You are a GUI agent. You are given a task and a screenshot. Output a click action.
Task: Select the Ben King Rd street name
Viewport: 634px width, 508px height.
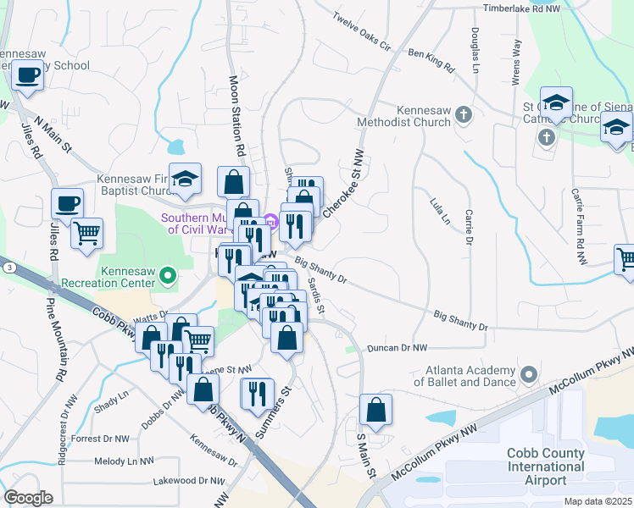coord(431,59)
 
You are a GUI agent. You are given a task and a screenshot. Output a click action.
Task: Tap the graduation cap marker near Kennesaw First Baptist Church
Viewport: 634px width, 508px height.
coord(185,177)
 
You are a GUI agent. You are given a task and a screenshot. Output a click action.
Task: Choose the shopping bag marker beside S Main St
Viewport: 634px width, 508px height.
coord(375,409)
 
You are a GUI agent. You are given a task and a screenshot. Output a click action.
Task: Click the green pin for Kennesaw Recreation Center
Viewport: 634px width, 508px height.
coord(168,274)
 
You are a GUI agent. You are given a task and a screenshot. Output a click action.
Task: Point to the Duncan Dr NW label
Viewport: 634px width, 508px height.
coord(396,348)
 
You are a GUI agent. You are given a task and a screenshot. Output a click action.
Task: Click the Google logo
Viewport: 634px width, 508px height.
coord(29,497)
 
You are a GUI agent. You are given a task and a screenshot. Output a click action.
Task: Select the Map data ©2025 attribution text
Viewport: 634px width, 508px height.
coord(598,501)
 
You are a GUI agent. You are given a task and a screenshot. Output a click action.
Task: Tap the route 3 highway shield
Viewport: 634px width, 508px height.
coord(8,267)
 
